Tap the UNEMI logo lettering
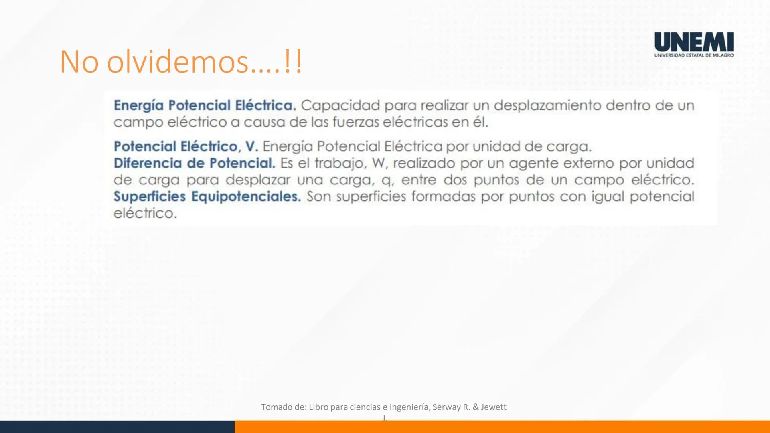point(694,42)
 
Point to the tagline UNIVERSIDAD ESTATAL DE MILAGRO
point(694,55)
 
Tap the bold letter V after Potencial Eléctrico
point(251,146)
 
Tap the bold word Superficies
point(150,197)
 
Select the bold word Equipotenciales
point(246,197)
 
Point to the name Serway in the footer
point(447,407)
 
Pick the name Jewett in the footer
point(494,407)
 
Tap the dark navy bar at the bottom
point(116,427)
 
